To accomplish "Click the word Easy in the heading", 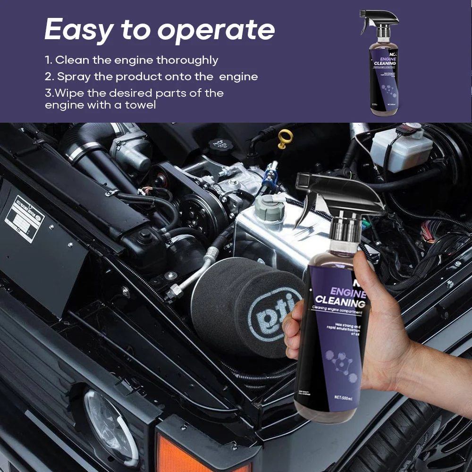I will tap(78, 30).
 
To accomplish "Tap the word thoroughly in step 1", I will tap(187, 60).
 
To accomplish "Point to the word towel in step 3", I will tap(141, 105).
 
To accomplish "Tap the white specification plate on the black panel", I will tap(24, 218).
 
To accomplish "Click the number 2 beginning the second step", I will tap(48, 76).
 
